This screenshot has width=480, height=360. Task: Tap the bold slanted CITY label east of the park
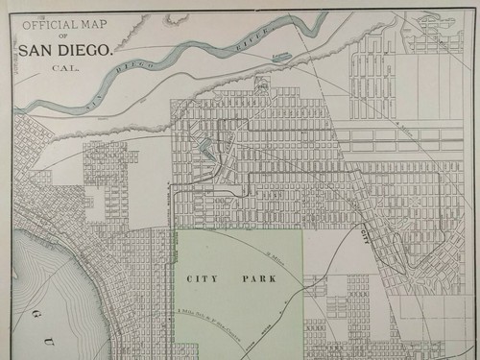(x=364, y=233)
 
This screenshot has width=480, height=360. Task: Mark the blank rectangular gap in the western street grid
(x=95, y=197)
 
